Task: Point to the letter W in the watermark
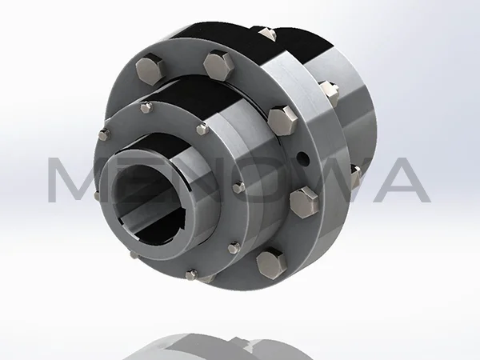tap(336, 180)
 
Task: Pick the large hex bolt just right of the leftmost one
tap(217, 63)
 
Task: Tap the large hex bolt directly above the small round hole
tap(280, 121)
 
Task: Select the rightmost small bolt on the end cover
tap(238, 187)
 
